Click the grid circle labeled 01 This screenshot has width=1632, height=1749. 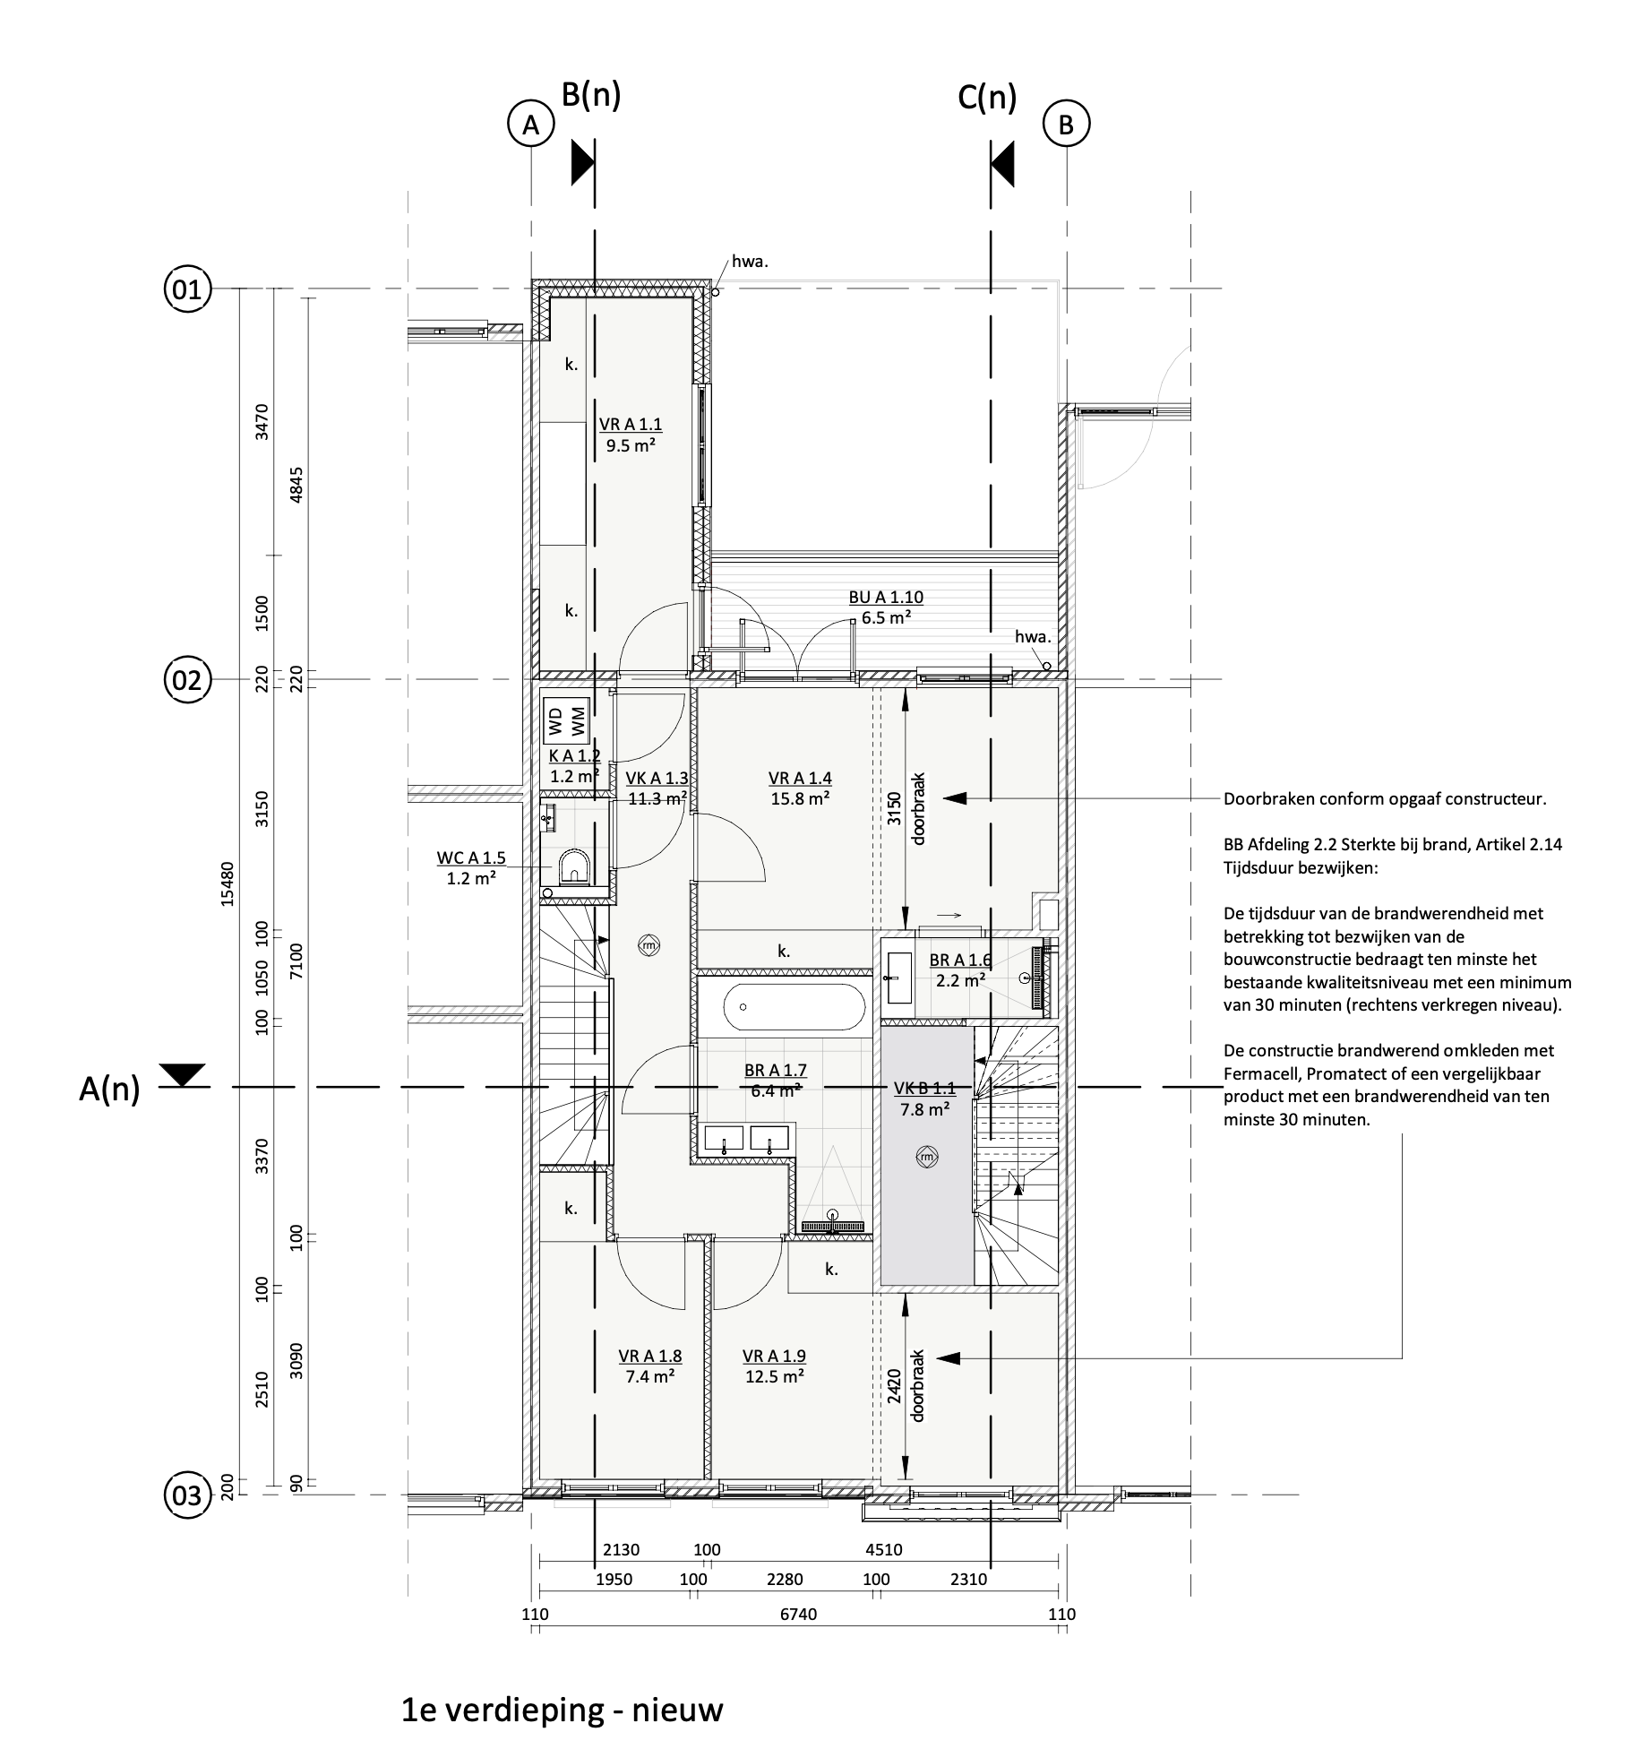[x=187, y=289]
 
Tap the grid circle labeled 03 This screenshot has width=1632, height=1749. [x=187, y=1495]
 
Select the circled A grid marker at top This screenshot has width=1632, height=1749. [x=531, y=125]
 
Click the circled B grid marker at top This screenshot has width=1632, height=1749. [x=1066, y=125]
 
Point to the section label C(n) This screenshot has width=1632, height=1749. [x=987, y=98]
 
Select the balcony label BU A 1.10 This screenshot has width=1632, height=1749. [x=886, y=598]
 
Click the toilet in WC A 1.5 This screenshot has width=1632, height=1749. [x=572, y=867]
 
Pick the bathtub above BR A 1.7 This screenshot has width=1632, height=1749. [x=783, y=1007]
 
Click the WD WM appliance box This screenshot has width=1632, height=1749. [x=567, y=721]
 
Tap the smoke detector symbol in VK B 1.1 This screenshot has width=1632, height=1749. [x=927, y=1157]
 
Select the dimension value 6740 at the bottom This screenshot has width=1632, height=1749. [x=797, y=1615]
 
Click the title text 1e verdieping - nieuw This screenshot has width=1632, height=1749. [x=562, y=1710]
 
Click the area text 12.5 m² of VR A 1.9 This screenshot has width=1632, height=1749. [x=775, y=1376]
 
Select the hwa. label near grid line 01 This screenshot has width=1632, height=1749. [x=751, y=263]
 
